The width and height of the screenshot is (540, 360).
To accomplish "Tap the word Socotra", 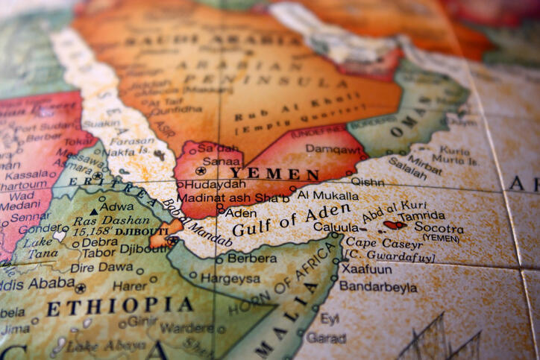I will [440, 228].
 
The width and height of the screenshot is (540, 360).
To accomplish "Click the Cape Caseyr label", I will [374, 243].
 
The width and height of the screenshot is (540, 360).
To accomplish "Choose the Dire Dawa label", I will [104, 266].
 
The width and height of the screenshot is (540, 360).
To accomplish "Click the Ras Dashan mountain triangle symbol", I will [94, 212].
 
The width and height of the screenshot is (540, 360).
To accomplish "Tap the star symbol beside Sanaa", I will [200, 171].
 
